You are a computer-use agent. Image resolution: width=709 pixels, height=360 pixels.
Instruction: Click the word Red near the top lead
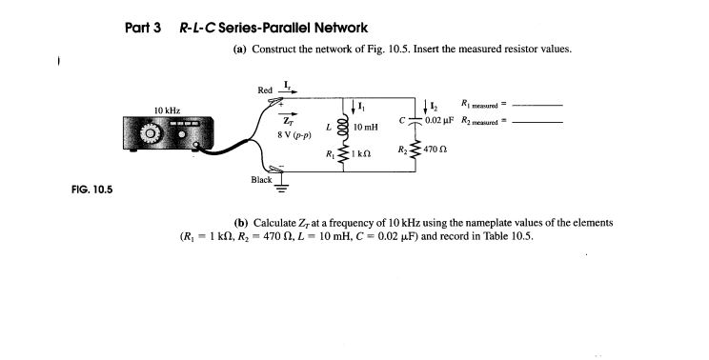266,90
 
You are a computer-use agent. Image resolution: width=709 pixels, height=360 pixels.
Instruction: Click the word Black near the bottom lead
261,179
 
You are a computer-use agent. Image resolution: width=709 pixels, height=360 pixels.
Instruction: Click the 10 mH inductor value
366,126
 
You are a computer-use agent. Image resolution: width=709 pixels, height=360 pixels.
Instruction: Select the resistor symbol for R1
341,153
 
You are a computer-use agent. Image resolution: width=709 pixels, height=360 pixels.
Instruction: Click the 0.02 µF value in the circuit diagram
439,119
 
